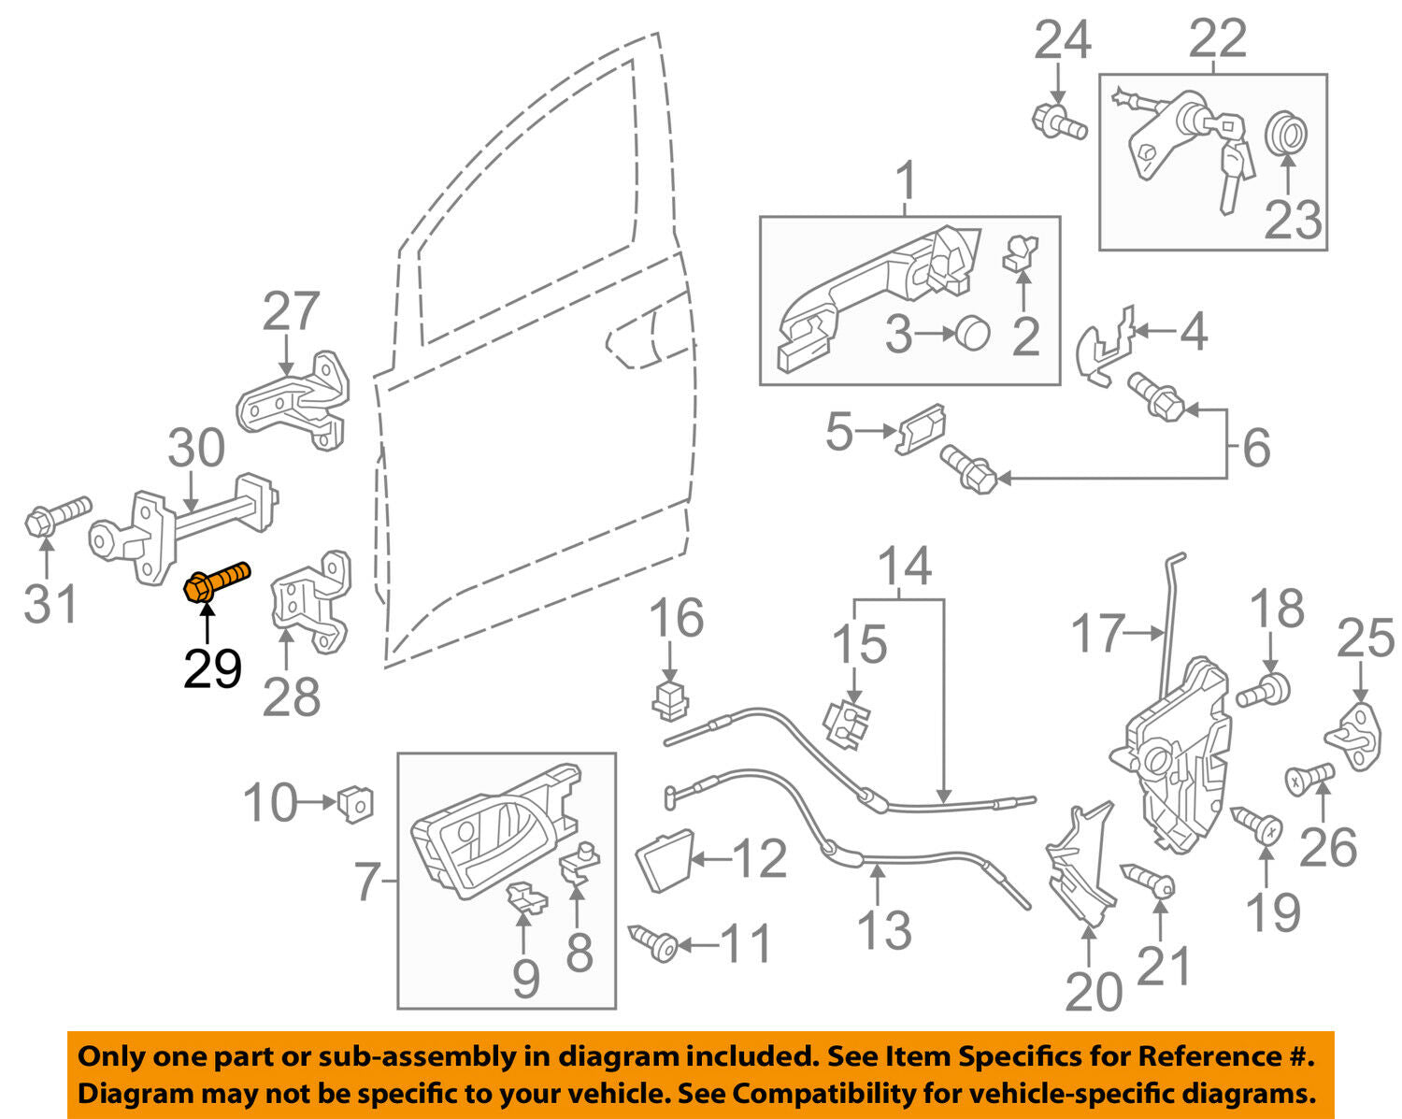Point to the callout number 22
coord(1217,39)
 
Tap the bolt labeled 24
coord(1059,122)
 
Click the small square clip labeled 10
coord(354,802)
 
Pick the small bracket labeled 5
coord(921,429)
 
